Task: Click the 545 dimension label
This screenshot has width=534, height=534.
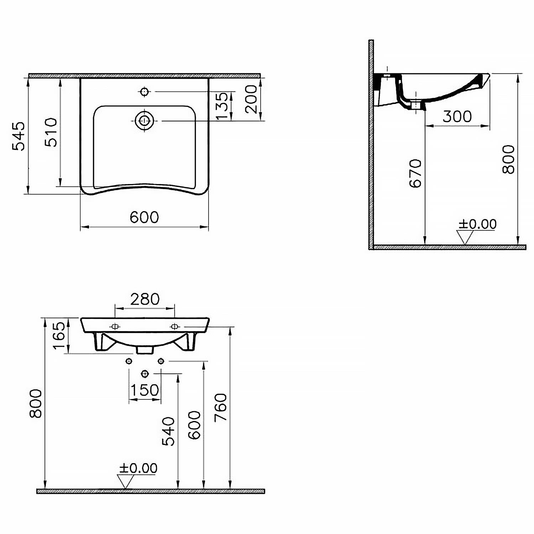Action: (19, 136)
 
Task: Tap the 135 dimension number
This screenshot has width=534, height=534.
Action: (221, 106)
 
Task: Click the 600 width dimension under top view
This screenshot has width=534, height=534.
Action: (144, 217)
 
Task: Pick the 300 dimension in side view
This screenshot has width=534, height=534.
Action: (457, 116)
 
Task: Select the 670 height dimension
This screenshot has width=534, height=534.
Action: (415, 173)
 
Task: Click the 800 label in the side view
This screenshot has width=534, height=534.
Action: (508, 159)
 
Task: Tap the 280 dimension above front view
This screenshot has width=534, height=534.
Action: (145, 299)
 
